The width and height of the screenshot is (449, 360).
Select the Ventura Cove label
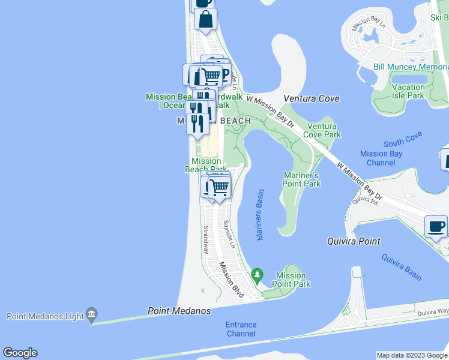point(312,98)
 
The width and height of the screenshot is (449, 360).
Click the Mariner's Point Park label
point(301,179)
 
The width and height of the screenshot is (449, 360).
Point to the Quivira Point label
point(354,241)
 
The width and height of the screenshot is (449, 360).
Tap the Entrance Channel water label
point(241,329)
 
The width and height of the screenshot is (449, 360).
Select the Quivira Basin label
point(402,267)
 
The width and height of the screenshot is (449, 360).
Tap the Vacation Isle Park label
point(408,91)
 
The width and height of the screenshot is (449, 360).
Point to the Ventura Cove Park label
point(324,130)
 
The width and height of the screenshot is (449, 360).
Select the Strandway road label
point(205,238)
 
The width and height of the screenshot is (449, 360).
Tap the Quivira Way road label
point(433,311)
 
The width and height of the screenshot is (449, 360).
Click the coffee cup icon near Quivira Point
point(436,227)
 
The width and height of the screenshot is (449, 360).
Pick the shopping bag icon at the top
point(205,19)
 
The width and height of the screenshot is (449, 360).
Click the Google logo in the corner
point(20,353)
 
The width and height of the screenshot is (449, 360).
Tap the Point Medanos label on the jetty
point(179,311)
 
